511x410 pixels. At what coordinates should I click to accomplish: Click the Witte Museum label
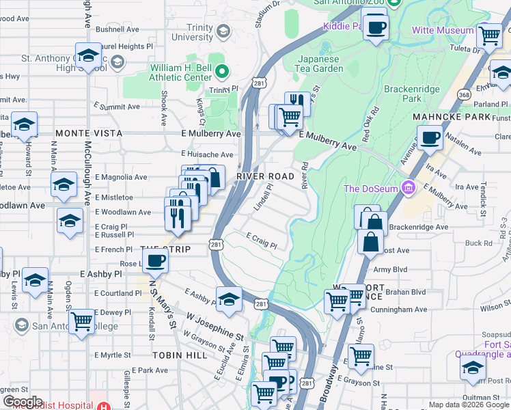(x=442, y=30)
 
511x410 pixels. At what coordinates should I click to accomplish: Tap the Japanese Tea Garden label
(x=320, y=64)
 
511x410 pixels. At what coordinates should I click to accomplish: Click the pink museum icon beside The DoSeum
(x=409, y=187)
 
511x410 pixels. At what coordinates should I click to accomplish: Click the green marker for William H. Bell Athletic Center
(x=221, y=70)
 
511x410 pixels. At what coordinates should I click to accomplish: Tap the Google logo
(x=22, y=402)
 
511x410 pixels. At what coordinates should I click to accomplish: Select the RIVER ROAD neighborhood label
(x=265, y=176)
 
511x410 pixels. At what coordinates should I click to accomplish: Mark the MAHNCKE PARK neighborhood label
(x=452, y=117)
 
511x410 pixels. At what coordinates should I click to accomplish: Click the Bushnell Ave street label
(x=118, y=29)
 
